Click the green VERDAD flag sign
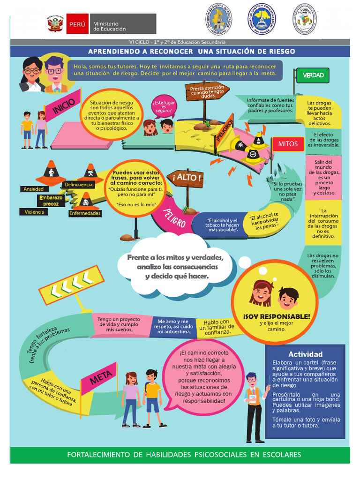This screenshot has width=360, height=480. pos(313,75)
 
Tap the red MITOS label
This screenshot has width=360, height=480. pos(288,144)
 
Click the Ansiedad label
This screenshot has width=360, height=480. pos(33,189)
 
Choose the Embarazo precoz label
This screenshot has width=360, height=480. pos(51,201)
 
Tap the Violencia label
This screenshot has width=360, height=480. pos(34,212)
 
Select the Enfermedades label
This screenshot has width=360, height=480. pos(85,213)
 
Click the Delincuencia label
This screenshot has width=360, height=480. pos(78,185)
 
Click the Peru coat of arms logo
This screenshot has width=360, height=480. pos(55,24)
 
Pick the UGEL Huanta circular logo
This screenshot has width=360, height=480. pos(304,19)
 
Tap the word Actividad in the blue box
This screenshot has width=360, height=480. pos(305,354)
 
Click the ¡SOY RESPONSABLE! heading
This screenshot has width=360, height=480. pos(277,316)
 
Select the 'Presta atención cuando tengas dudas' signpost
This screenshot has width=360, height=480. pos(207,91)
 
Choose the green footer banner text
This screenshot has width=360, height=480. pos(184,454)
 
